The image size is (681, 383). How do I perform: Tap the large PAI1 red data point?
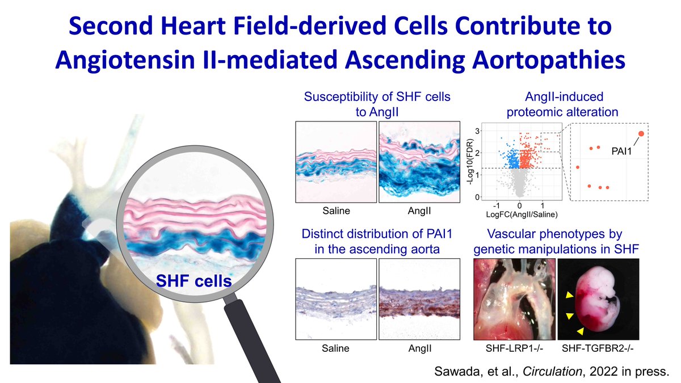[x=641, y=133]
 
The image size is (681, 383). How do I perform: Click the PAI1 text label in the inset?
[x=622, y=151]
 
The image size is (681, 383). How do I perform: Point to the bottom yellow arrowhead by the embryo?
[x=579, y=330]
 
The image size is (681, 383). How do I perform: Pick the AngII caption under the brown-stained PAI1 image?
[x=421, y=348]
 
